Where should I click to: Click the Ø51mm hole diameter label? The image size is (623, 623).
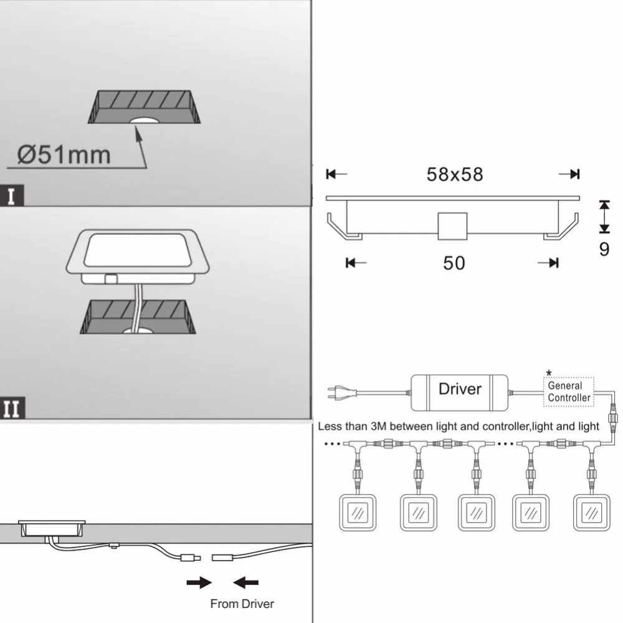point(64,155)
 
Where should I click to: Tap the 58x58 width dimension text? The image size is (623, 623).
point(455,174)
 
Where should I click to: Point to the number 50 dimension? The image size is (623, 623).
point(454,263)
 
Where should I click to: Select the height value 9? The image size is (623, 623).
point(604,249)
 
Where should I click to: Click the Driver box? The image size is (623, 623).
point(459,392)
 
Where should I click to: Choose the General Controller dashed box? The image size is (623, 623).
point(569,392)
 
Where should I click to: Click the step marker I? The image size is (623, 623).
point(11,196)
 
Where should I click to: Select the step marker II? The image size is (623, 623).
point(12,408)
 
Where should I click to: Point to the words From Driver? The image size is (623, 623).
point(242,604)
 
